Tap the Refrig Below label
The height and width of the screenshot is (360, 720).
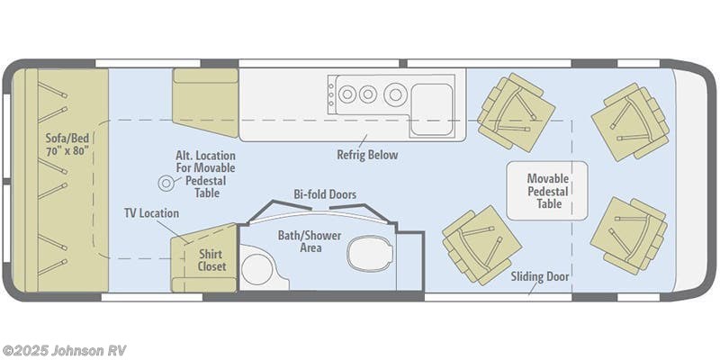click(367, 155)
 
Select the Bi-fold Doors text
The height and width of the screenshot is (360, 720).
click(325, 193)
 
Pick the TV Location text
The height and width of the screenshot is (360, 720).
click(151, 213)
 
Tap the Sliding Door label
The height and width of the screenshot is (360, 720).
click(539, 276)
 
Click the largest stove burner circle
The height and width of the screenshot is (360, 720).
click(394, 93)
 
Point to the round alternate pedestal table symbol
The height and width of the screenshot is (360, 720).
click(166, 184)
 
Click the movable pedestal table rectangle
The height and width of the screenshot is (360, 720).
click(546, 190)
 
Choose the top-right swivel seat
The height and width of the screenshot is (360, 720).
click(628, 121)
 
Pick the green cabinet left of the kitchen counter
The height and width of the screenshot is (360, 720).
click(206, 103)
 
